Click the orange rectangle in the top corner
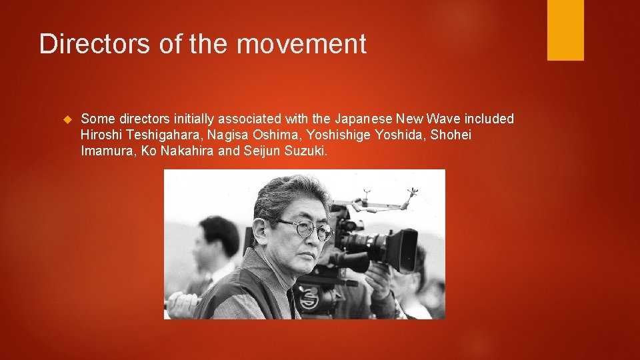pos(565,29)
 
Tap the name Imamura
pos(108,152)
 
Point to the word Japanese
pos(363,119)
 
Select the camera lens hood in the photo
pos(401,249)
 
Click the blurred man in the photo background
pos(217,247)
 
